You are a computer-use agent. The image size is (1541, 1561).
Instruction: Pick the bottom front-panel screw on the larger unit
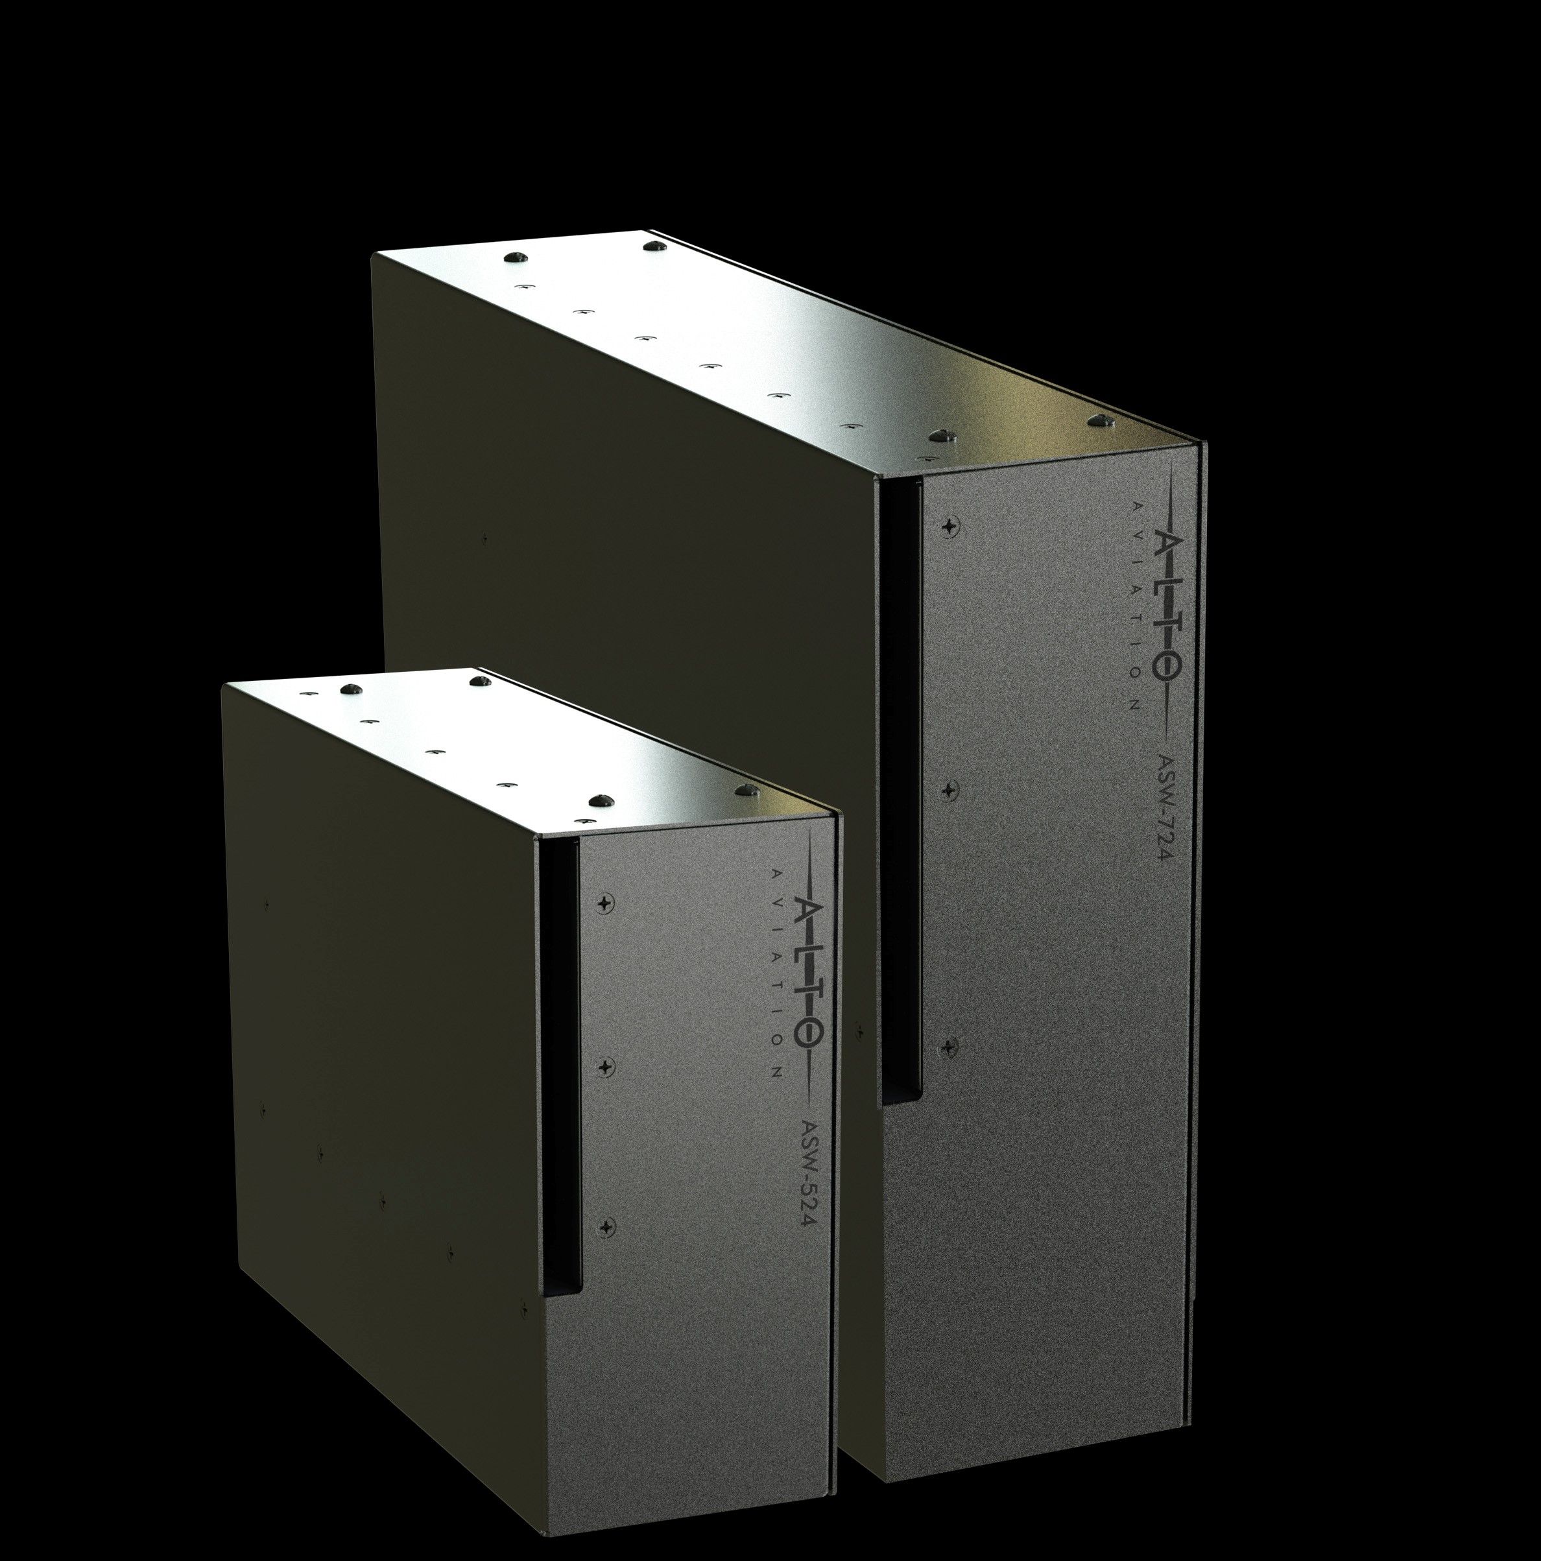click(950, 1045)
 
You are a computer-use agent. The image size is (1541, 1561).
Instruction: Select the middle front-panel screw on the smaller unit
click(606, 1067)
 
